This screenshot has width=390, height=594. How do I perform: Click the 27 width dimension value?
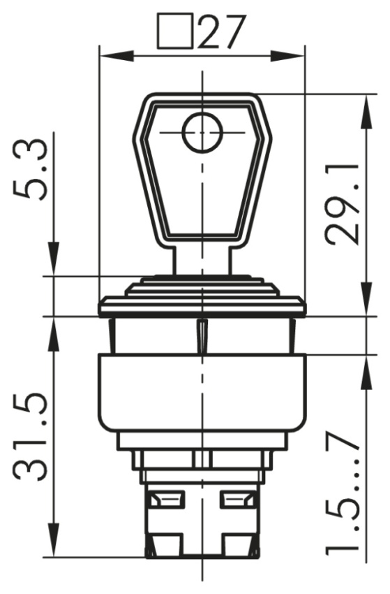coord(220,32)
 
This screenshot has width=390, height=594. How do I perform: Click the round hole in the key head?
coord(202,132)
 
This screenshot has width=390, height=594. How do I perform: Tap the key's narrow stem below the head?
coord(202,261)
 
